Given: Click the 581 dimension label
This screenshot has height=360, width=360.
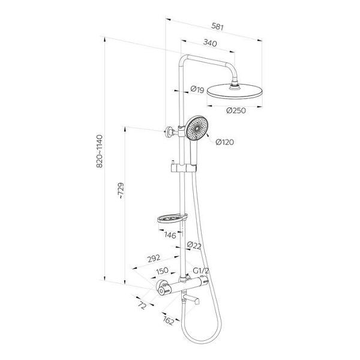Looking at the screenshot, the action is (217, 26).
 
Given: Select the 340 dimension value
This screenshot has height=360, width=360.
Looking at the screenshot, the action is (210, 43).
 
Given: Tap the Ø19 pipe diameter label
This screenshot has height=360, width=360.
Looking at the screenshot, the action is (197, 89).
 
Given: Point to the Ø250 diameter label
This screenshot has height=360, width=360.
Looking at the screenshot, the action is (236, 110).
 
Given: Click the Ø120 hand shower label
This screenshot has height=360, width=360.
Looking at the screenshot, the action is (225, 142).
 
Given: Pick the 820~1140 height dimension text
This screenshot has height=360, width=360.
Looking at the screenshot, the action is (100, 151).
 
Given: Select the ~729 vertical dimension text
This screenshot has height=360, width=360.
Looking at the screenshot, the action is (121, 191).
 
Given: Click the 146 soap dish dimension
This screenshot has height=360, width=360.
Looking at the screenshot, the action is (170, 235).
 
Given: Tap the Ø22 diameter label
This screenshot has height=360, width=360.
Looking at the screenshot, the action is (194, 245).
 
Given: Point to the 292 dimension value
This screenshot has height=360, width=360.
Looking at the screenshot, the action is (154, 259).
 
